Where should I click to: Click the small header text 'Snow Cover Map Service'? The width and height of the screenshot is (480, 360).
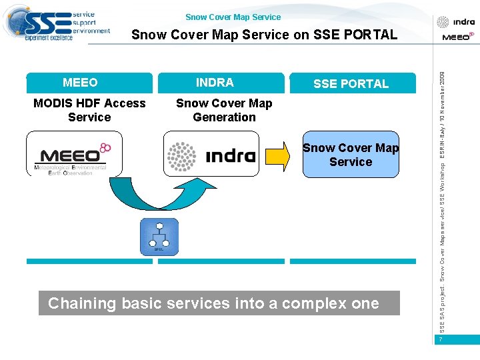pos(233,17)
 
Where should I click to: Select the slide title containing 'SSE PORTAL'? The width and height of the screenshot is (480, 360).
pos(264,35)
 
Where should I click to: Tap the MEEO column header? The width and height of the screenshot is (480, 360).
pos(80,83)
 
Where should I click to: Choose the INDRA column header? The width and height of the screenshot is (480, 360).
pos(215,83)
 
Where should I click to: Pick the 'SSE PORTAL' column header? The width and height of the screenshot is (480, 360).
pos(351,83)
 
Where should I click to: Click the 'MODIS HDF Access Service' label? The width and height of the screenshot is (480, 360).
pos(89,110)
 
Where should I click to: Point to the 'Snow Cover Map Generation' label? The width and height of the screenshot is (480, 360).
pos(224,110)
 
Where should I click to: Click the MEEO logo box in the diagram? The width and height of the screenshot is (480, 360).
pos(75,154)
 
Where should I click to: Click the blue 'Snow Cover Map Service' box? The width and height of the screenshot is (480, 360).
pos(351,155)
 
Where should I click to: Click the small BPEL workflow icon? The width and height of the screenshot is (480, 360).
pos(159,236)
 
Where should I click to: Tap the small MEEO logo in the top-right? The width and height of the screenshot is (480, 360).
pos(457,37)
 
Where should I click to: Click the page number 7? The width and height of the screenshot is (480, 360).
pos(441,340)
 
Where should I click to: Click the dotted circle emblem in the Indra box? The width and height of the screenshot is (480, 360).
pos(181,156)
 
